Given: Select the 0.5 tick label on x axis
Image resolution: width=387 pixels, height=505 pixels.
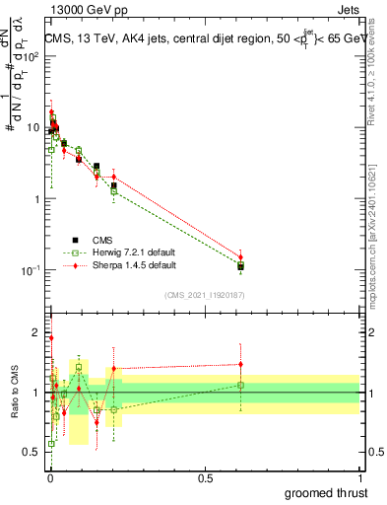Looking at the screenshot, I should [205, 476].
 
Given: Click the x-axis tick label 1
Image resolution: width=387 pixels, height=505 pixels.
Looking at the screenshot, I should [359, 476].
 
